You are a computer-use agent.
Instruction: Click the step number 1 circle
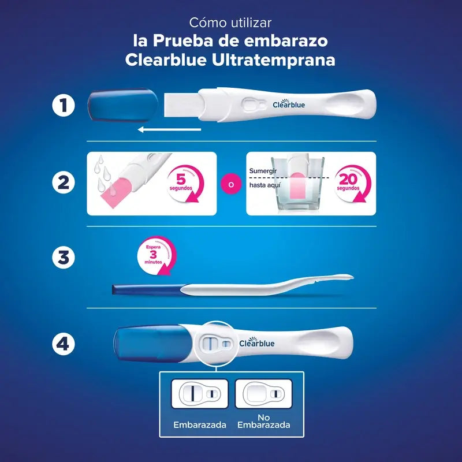tap(63, 106)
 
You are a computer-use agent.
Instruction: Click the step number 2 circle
tap(63, 182)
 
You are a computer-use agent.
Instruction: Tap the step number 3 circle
tap(63, 258)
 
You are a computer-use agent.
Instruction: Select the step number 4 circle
tap(63, 344)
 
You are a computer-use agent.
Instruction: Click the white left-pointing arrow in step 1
tap(169, 129)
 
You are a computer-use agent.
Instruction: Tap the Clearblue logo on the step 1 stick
tap(289, 105)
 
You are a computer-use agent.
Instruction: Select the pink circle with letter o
tap(231, 185)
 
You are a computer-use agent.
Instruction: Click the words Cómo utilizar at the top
tap(230, 23)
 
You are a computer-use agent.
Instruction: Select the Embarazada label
tap(196, 424)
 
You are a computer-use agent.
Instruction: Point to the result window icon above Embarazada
tap(196, 394)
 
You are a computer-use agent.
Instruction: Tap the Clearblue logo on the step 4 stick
tap(257, 344)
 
